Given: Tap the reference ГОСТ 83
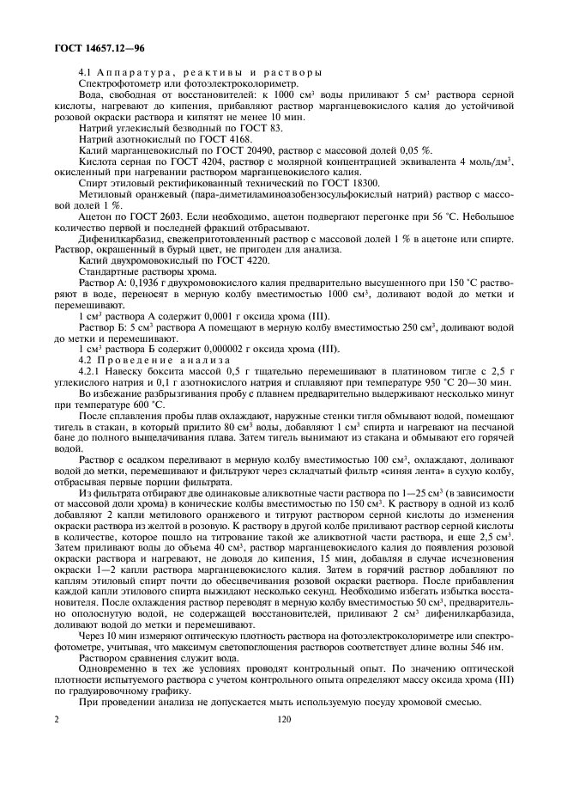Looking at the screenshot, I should click(219, 127).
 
